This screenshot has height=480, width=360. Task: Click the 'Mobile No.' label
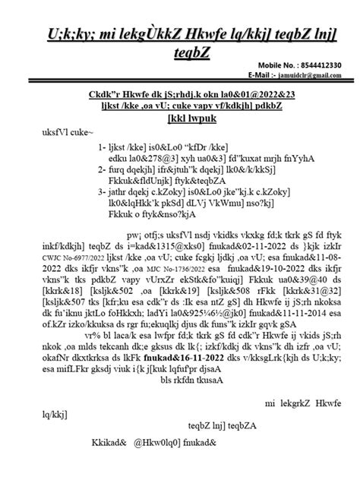(274, 65)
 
